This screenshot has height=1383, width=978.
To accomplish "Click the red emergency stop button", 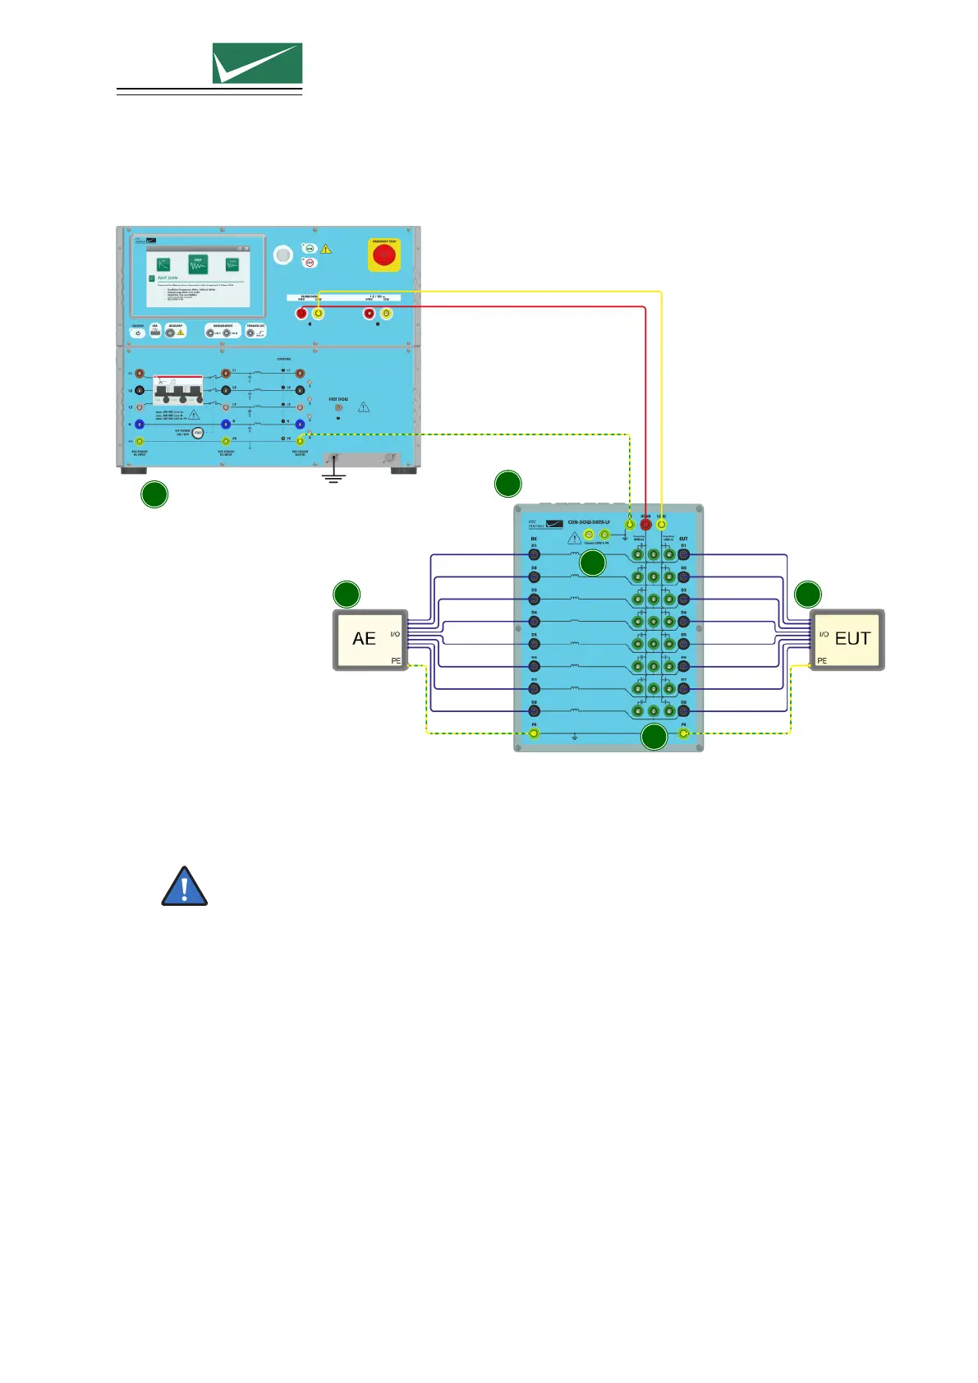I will pyautogui.click(x=383, y=255).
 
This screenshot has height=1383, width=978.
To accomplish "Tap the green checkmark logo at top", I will pyautogui.click(x=257, y=63).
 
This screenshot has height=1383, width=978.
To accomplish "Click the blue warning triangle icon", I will pyautogui.click(x=184, y=886).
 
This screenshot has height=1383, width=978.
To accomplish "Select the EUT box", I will pyautogui.click(x=847, y=640).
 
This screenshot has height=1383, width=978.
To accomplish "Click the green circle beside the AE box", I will pyautogui.click(x=347, y=595).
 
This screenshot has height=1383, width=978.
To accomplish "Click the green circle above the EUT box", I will pyautogui.click(x=808, y=595).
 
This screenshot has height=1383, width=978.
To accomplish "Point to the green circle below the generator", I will pyautogui.click(x=154, y=494).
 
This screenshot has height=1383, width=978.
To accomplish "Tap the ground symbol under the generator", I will pyautogui.click(x=333, y=476).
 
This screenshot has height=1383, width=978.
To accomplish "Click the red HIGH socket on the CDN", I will pyautogui.click(x=645, y=524).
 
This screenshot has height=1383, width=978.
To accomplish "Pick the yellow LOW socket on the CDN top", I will pyautogui.click(x=661, y=524).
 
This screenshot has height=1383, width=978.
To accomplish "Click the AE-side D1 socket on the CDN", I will pyautogui.click(x=534, y=555).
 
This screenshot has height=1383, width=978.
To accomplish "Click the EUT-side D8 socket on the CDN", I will pyautogui.click(x=683, y=711).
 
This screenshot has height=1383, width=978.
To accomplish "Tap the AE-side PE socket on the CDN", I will pyautogui.click(x=534, y=733).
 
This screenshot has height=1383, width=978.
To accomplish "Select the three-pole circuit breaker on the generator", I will pyautogui.click(x=178, y=391).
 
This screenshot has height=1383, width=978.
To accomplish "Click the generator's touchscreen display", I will pyautogui.click(x=197, y=275).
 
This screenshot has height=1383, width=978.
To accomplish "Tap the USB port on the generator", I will pyautogui.click(x=154, y=333).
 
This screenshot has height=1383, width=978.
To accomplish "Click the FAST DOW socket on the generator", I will pyautogui.click(x=338, y=407).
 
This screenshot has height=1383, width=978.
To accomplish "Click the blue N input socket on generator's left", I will pyautogui.click(x=140, y=425).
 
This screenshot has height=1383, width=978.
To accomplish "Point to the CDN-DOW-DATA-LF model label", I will pyautogui.click(x=589, y=522).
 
